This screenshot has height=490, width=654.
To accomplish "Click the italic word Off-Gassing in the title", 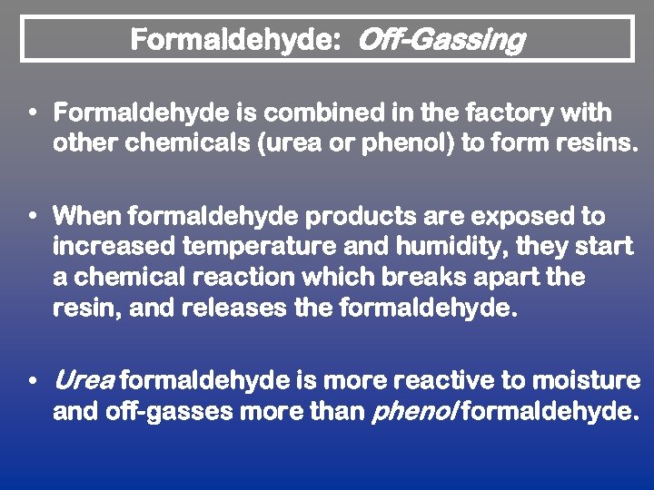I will pos(441,41).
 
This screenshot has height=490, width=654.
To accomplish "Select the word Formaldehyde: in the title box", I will pos(240,41).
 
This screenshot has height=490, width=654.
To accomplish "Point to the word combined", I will pos(322,114).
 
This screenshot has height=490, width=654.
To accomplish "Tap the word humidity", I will pos(460,247).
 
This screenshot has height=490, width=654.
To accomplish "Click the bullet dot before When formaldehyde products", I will pos(33,218).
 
